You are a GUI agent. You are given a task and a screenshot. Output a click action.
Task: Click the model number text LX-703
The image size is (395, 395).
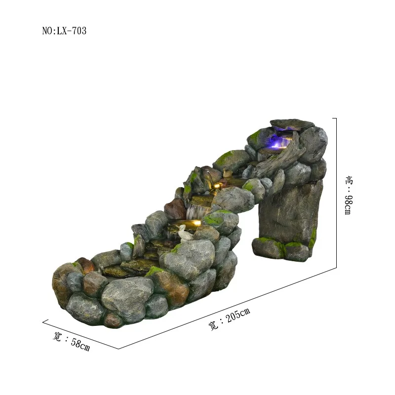point(72,31)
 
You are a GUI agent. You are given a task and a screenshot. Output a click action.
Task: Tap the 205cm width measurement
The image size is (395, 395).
point(238,315)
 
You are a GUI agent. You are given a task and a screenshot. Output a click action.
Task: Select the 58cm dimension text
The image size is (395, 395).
point(80,344)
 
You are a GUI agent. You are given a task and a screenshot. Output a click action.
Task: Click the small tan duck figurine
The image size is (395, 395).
point(227,173)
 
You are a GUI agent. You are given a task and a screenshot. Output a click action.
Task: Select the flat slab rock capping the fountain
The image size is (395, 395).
point(292,124)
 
